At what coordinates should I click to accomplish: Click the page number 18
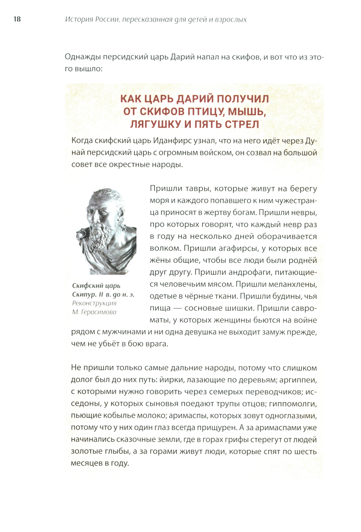17,19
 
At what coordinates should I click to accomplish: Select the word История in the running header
79,20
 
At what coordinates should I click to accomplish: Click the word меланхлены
292,284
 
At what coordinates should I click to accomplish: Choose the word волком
165,248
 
